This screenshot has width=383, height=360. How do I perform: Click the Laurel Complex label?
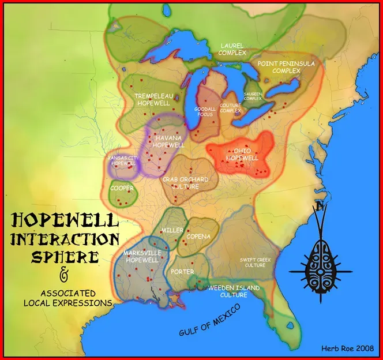point(232,49)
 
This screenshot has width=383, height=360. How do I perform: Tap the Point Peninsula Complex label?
point(279,67)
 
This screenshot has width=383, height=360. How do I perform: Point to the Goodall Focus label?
point(205,111)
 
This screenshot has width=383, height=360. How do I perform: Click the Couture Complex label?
point(230,108)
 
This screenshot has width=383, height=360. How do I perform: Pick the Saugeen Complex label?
point(253,96)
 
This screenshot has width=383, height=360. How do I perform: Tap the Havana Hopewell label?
point(167,141)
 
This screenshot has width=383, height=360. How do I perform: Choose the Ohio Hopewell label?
point(242,154)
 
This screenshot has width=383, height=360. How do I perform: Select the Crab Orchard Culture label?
point(185,183)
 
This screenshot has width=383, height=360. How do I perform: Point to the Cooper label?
point(122,189)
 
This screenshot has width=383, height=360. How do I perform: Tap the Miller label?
point(172,230)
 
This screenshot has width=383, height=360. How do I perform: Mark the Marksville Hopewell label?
point(141,257)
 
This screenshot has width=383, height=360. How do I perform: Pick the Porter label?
point(182,272)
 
